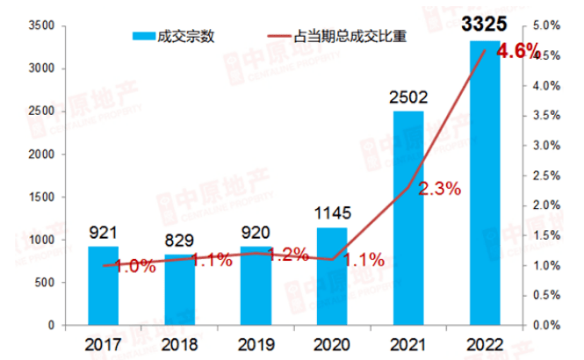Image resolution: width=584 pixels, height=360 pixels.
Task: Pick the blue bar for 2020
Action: pos(332,277)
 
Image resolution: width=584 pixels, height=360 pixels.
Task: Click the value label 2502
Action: pos(407,95)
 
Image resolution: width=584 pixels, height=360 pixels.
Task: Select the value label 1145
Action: pos(332,212)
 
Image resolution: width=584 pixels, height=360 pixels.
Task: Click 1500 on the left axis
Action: pos(40,198)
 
